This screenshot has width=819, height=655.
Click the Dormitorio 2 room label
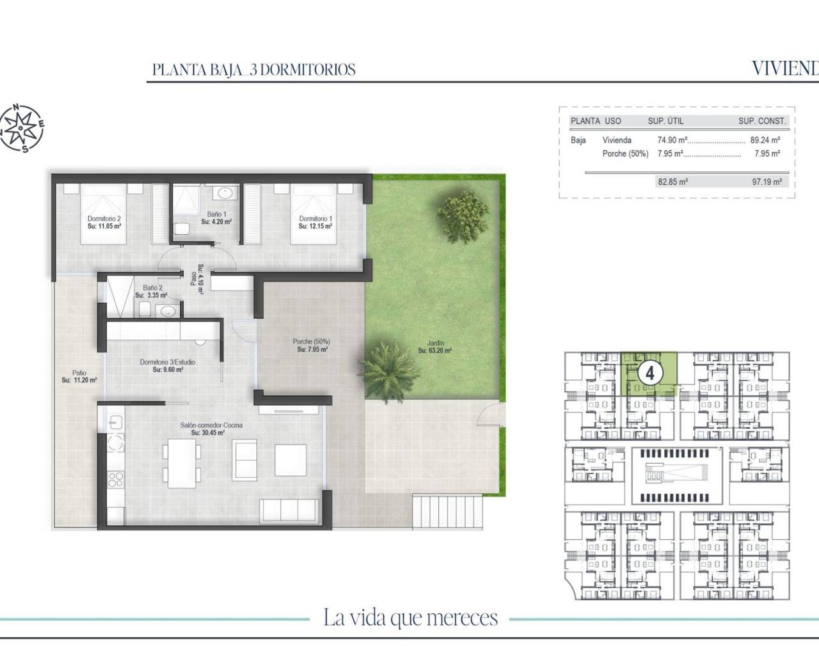pos(104,219)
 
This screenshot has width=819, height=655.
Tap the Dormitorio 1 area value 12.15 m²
pos(316,226)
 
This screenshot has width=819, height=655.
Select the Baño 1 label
pos(216,215)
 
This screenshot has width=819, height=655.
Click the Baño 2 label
pos(152,288)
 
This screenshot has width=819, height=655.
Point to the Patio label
pos(79,373)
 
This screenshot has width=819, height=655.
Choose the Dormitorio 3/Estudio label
pos(168,362)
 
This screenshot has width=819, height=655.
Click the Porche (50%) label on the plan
pos(312,342)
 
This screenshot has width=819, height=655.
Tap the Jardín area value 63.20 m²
pos(435,351)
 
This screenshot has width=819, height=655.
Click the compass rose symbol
pos(22,129)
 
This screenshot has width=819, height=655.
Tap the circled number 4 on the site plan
pos(649,372)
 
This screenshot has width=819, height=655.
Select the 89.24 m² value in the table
pos(765,140)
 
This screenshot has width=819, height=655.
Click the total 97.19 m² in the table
pos(767,182)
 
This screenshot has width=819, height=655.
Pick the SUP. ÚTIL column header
pos(665,121)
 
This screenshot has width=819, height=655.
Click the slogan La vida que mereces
pos(410,619)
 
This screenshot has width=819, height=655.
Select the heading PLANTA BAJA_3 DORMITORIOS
pos(254,70)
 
